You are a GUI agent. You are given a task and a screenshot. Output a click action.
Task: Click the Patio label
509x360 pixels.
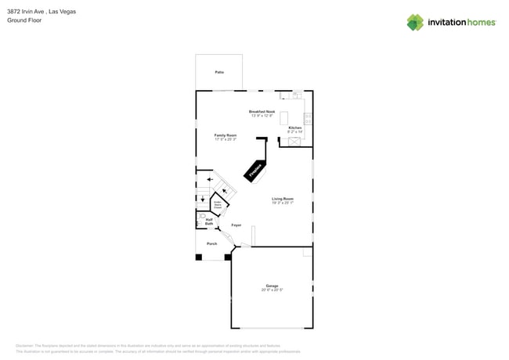pyautogui.click(x=218, y=72)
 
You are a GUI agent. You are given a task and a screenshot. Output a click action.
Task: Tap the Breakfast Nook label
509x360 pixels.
pyautogui.click(x=262, y=111)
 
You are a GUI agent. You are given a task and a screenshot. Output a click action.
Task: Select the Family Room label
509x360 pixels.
pyautogui.click(x=226, y=135)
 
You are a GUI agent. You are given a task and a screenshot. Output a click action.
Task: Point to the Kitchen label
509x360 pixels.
pyautogui.click(x=294, y=128)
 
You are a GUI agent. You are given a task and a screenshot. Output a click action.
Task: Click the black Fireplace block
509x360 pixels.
pyautogui.click(x=256, y=171)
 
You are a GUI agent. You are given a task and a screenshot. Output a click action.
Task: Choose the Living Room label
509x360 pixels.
pyautogui.click(x=283, y=199)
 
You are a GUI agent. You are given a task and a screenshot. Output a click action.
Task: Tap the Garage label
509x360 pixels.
pyautogui.click(x=273, y=286)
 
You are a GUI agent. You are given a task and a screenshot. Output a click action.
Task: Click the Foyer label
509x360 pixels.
pyautogui.click(x=236, y=225)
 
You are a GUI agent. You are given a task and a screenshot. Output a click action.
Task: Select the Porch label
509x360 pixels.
pyautogui.click(x=211, y=243)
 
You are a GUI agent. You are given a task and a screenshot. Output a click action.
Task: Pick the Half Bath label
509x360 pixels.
pyautogui.click(x=209, y=221)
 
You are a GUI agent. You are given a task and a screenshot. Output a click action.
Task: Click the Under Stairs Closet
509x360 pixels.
pyautogui.click(x=218, y=205)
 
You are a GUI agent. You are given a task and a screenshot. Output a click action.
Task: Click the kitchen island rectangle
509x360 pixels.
pyautogui.click(x=283, y=117)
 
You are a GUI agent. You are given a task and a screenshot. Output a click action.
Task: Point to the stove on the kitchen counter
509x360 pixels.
pyautogui.click(x=308, y=119)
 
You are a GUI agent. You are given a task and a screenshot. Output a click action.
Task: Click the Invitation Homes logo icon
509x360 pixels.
pyautogui.click(x=414, y=22)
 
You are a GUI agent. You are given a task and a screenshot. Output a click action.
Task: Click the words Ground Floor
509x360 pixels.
pyautogui.click(x=24, y=20)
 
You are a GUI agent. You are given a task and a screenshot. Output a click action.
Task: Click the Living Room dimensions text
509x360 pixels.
pyautogui.click(x=283, y=203)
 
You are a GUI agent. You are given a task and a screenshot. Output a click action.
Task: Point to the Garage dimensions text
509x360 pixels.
pyautogui.click(x=273, y=290)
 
